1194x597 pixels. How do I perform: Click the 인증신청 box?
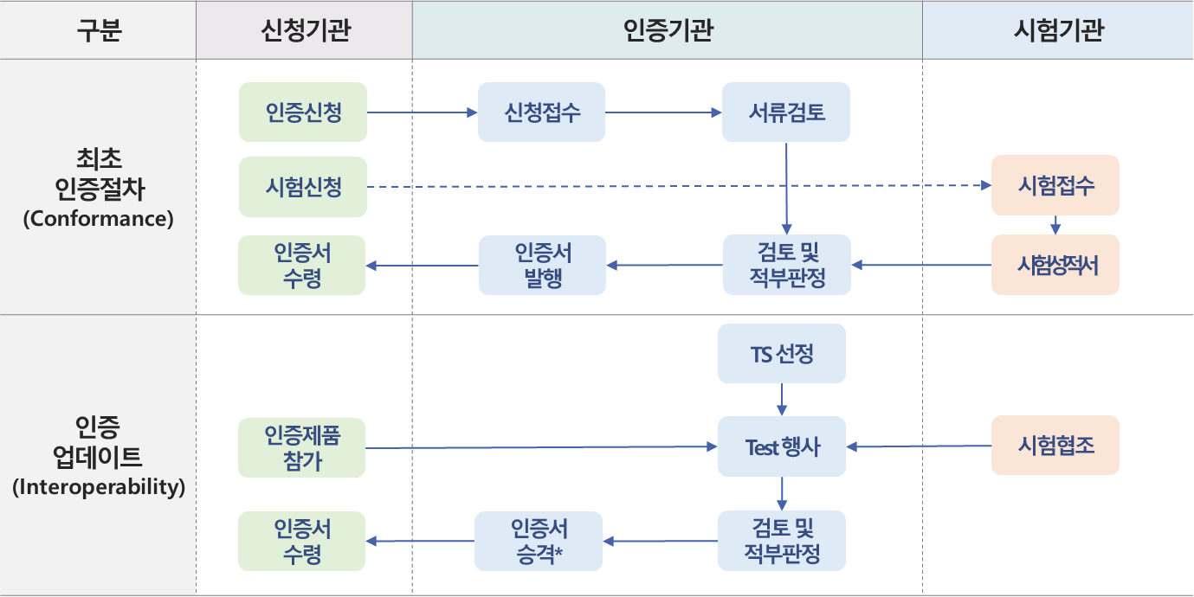pos(303,112)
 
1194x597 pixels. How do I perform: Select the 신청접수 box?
pos(542,112)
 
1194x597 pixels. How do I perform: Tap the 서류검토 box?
pos(786,112)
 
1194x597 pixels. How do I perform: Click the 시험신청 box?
pos(303,186)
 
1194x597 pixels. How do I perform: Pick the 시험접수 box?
pos(1055,185)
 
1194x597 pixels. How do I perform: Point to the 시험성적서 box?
pos(1055,265)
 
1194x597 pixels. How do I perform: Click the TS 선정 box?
pos(781,353)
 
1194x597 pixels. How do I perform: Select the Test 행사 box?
pos(781,446)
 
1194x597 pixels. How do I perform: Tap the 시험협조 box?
pos(1055,446)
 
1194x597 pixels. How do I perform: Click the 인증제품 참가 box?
pos(302,447)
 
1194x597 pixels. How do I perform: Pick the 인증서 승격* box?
pos(538,541)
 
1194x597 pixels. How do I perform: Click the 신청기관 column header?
pos(304,30)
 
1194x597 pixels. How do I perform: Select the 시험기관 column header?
pos(1057,30)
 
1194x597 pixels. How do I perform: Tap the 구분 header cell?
pos(98,30)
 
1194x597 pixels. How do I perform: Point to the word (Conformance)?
pos(98,218)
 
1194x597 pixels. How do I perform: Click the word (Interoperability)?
pos(98,487)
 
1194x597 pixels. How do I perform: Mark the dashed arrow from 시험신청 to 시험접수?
pos(675,186)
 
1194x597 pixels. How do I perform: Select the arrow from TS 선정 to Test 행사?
pos(782,399)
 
